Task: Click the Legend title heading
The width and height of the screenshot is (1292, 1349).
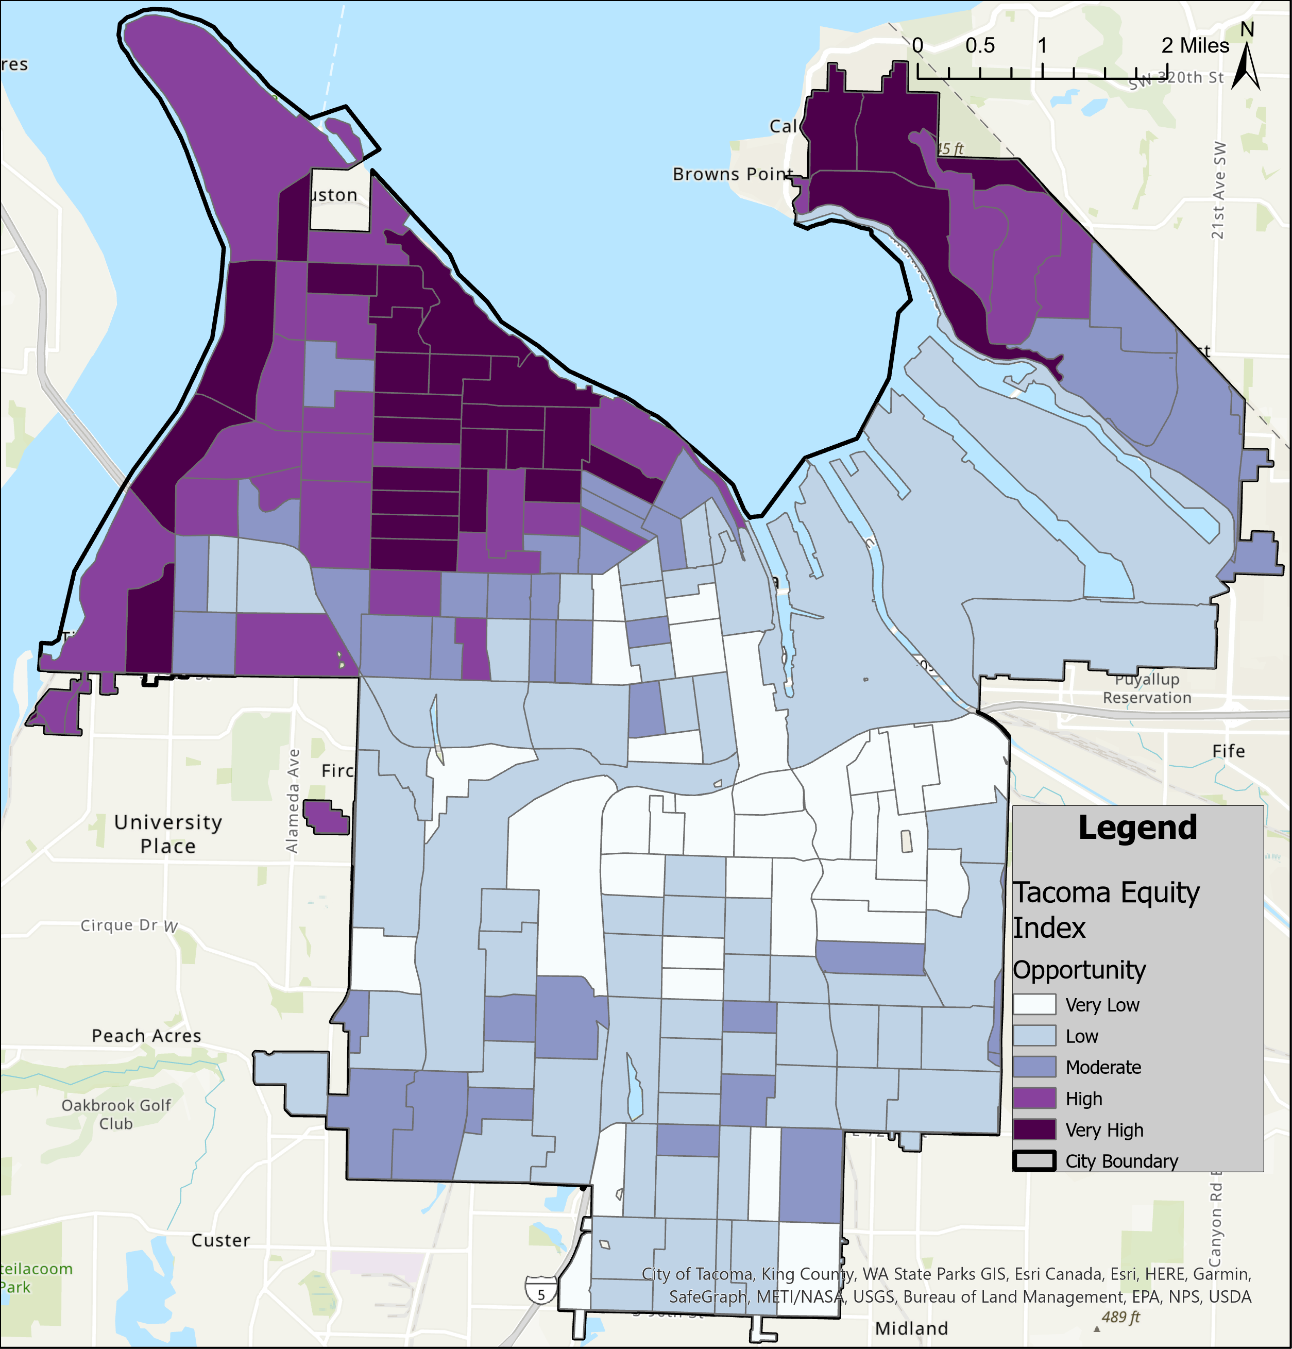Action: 1137,828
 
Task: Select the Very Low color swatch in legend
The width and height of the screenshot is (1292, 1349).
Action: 1034,1005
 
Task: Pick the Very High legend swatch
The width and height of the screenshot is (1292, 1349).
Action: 1034,1130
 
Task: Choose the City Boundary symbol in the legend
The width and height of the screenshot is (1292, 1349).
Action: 1034,1161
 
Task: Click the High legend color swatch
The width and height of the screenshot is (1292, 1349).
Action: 1034,1099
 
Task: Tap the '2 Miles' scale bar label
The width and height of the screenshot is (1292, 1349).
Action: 1195,46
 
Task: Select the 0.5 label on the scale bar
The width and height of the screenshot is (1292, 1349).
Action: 980,46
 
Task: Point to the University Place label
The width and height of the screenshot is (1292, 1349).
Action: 168,834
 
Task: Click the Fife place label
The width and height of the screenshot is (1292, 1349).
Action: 1229,751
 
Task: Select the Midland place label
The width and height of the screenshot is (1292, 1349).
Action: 911,1328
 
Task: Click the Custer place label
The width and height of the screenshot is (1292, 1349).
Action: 220,1240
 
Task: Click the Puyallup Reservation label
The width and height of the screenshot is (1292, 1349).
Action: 1147,688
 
